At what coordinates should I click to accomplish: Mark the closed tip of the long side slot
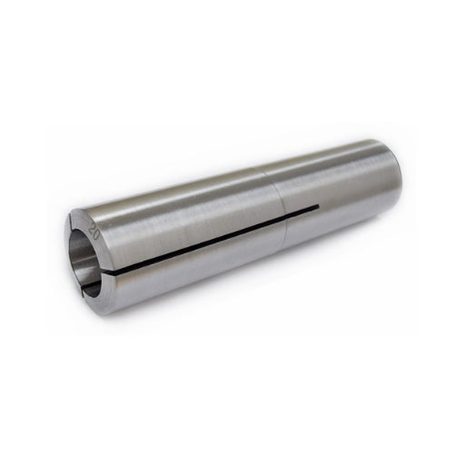click(x=318, y=207)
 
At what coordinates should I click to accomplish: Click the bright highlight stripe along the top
click(x=227, y=178)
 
